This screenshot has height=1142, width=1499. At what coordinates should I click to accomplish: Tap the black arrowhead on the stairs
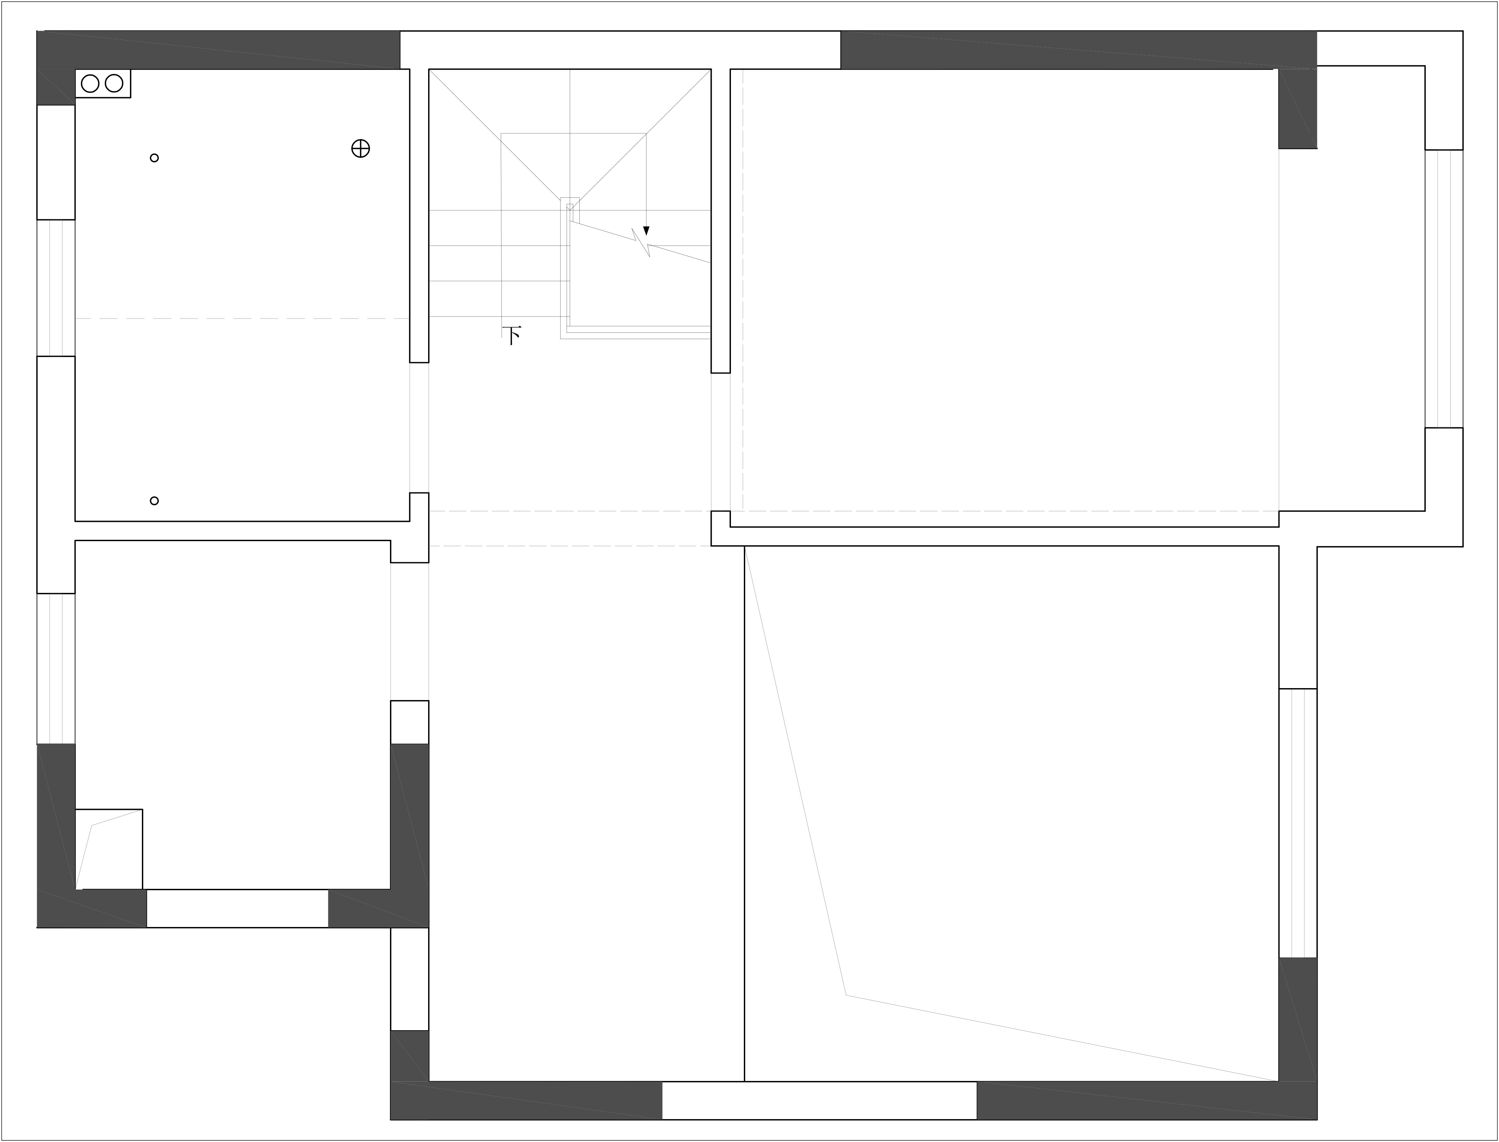click(646, 231)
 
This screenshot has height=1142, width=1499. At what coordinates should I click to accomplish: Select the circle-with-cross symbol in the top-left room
click(360, 148)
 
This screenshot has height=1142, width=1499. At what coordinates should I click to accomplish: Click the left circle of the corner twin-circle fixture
click(90, 84)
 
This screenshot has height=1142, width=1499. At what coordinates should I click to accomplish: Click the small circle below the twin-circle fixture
click(154, 158)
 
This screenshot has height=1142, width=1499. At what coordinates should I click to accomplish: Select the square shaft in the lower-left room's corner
click(109, 849)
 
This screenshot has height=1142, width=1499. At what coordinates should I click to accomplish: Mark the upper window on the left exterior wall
click(56, 288)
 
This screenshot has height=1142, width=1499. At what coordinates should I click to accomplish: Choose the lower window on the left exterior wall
click(56, 669)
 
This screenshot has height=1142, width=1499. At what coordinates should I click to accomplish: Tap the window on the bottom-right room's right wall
click(1298, 823)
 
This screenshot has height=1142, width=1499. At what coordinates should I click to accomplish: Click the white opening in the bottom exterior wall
click(819, 1101)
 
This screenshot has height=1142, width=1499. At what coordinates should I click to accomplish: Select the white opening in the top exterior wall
click(620, 50)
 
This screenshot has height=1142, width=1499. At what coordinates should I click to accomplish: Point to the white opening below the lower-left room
click(238, 908)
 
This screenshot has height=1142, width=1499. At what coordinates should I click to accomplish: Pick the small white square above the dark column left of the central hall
click(410, 722)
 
